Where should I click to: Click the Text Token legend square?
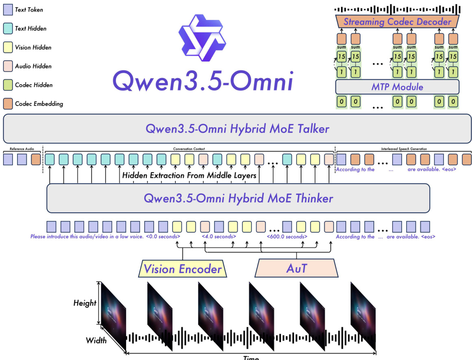pos(8,10)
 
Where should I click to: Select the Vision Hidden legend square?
pos(8,47)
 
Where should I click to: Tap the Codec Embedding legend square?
pos(8,104)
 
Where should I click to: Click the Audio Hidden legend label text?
pos(33,66)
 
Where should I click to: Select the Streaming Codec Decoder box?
pos(397,22)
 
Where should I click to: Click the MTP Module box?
pos(397,87)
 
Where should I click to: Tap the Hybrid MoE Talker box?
pos(237,129)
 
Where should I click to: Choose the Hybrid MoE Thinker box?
pos(238,198)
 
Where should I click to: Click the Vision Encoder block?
pos(183,269)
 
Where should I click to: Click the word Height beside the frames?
pos(85,303)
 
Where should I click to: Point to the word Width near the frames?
pos(96,340)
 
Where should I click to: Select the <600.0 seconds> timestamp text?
pos(287,237)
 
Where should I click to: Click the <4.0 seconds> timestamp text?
pos(219,237)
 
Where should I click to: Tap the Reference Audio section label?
pos(21,149)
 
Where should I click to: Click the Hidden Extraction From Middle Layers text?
pos(189,176)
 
